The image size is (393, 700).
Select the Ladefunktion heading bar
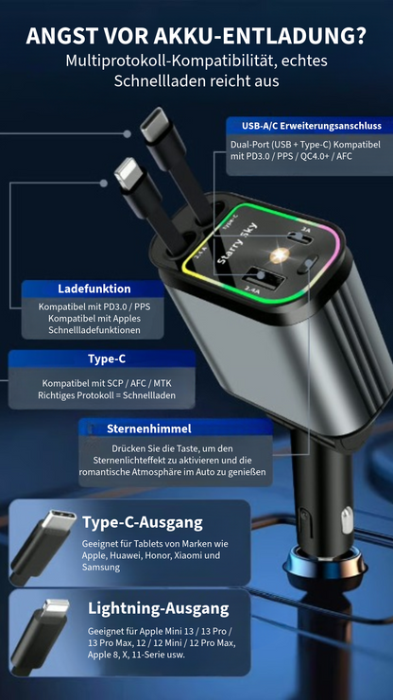94,289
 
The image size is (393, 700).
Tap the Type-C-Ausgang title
142,522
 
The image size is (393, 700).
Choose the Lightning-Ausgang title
158,608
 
